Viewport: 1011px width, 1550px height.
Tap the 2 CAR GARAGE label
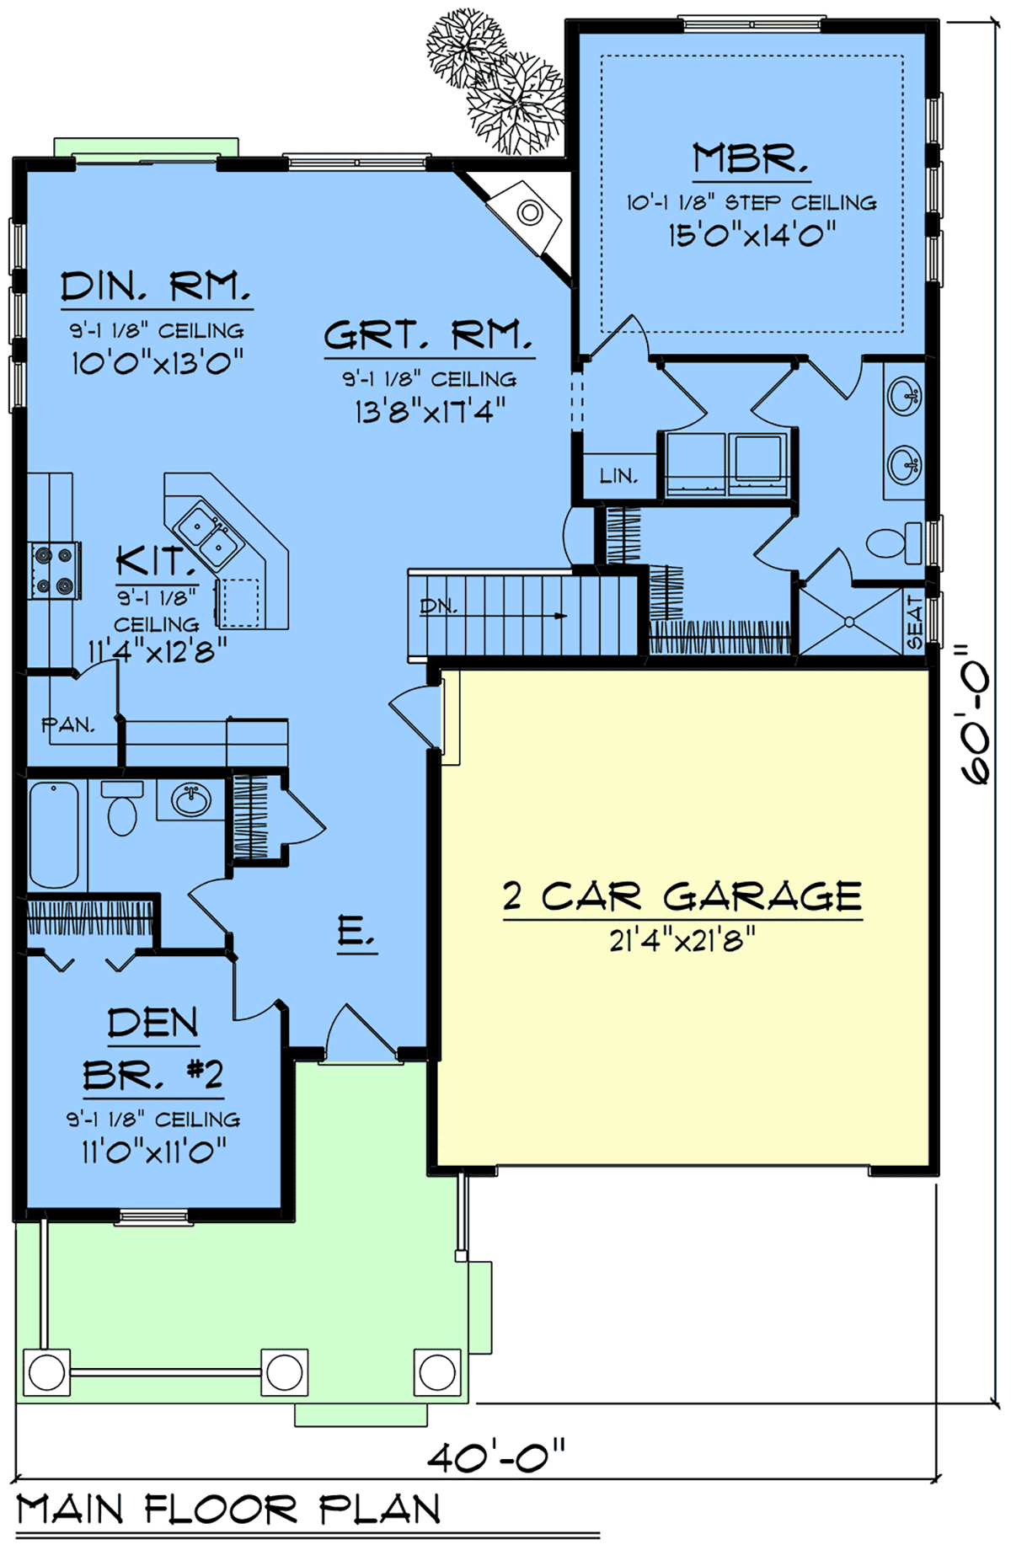682,896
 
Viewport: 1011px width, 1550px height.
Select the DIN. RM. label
156,286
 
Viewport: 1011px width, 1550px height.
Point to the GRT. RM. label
429,335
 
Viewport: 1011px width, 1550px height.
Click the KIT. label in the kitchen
152,561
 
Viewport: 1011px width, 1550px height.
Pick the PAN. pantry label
68,724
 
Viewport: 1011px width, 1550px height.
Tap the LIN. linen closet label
618,476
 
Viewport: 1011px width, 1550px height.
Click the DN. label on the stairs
438,606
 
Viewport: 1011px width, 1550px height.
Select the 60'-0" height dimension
977,715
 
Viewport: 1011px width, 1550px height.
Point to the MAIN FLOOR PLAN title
228,1509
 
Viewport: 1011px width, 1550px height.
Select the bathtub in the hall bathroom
54,834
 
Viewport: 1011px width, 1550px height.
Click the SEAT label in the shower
915,623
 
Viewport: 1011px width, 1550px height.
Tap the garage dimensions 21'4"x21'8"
682,939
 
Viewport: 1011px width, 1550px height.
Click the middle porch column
284,1373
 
